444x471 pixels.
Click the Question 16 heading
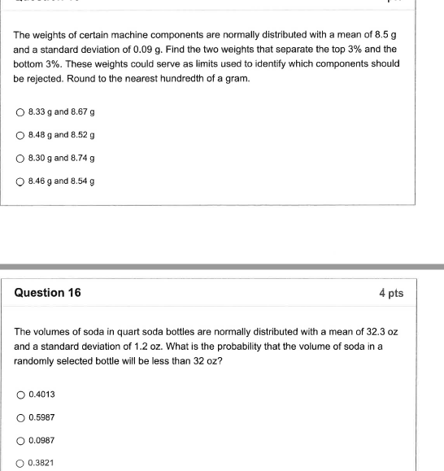(x=48, y=293)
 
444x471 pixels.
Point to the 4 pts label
(x=391, y=293)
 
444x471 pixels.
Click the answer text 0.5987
(x=41, y=417)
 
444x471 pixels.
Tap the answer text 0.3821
(x=41, y=463)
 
